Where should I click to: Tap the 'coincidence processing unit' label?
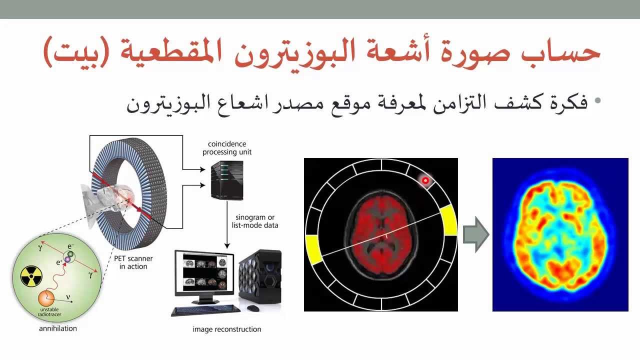(x=227, y=148)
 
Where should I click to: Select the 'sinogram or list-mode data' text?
(x=255, y=221)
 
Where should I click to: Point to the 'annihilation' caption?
(x=58, y=328)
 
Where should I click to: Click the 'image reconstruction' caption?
(x=227, y=329)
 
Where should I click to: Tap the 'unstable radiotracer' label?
(x=49, y=312)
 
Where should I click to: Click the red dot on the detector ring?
(x=425, y=180)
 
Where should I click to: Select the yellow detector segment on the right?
(x=448, y=220)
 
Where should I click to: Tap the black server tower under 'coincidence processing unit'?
(x=227, y=179)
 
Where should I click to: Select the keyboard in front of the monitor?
(x=203, y=310)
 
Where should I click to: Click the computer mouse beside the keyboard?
(x=253, y=308)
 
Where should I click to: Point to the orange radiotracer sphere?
(x=46, y=298)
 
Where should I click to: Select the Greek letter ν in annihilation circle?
(x=68, y=296)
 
